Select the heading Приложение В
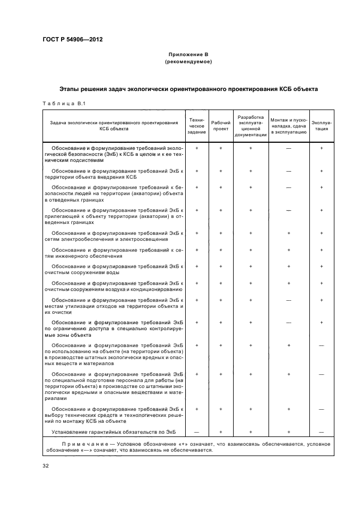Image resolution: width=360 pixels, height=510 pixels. [x=188, y=55]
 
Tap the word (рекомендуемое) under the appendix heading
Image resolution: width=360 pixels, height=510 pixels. [x=188, y=62]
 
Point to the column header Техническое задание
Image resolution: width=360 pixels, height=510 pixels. [x=197, y=125]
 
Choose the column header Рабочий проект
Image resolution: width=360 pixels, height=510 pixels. [x=221, y=125]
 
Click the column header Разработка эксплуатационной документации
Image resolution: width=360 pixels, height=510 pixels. [x=251, y=125]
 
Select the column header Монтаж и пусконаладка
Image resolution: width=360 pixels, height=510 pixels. [x=289, y=125]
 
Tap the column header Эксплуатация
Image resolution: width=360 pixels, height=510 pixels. [x=322, y=125]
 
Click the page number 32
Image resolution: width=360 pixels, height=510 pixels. [x=46, y=465]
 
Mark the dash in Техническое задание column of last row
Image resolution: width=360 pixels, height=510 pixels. [x=197, y=432]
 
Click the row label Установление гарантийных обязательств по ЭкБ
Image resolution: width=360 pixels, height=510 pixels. [x=114, y=432]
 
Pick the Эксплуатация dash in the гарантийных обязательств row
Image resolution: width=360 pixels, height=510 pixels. [x=322, y=432]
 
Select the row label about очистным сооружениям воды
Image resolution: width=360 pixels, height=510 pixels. [x=114, y=269]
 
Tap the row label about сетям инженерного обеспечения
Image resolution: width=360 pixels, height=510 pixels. [x=114, y=253]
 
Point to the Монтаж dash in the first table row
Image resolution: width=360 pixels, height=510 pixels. [x=289, y=148]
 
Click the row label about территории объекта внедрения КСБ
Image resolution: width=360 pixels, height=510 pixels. [x=114, y=174]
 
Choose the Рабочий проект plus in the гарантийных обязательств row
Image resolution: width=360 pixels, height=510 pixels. [x=221, y=432]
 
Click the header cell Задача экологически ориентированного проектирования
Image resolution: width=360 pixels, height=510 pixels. [x=114, y=126]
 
